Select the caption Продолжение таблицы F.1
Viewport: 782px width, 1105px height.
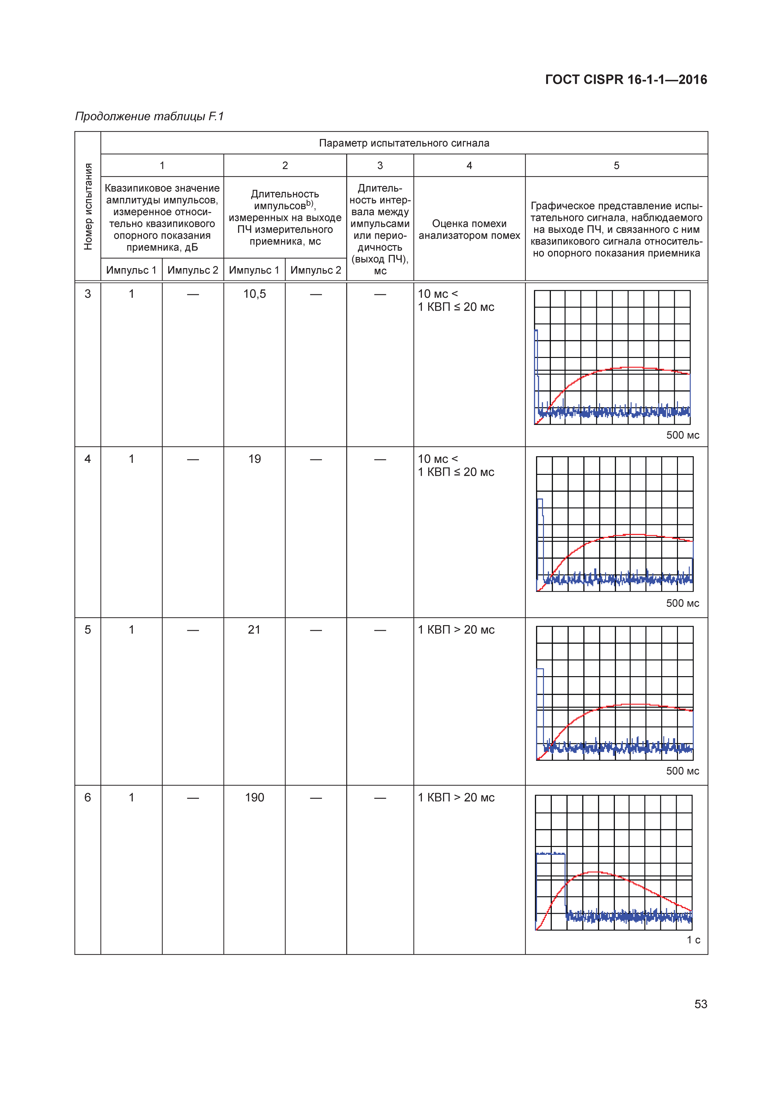149,117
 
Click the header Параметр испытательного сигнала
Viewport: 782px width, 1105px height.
404,143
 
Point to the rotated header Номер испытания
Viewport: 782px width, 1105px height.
88,206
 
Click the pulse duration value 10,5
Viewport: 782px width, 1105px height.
254,294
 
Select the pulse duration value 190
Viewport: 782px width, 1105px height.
254,797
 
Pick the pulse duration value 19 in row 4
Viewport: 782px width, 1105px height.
254,459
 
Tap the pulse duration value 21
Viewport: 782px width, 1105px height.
254,630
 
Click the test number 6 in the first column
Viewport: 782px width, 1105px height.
88,797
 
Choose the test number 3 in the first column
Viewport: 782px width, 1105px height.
88,294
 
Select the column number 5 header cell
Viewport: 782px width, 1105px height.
616,165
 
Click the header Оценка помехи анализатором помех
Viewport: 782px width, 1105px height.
469,230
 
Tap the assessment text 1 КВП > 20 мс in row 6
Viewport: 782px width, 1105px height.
456,797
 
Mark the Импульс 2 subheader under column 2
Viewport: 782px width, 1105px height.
315,270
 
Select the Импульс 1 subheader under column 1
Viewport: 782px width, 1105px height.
131,270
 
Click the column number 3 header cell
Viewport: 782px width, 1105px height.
380,165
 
